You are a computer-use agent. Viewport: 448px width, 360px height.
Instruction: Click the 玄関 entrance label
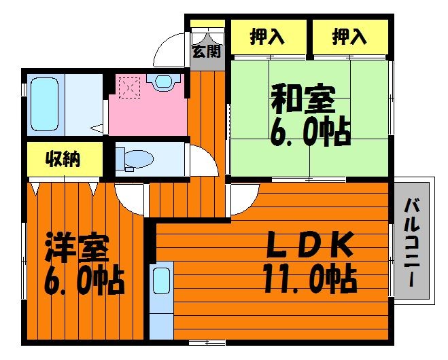click(x=206, y=52)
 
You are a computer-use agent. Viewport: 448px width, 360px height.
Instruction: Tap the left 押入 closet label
click(x=267, y=37)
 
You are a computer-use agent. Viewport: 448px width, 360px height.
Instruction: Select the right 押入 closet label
click(x=349, y=37)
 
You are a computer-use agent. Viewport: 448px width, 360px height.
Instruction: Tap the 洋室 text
click(x=77, y=248)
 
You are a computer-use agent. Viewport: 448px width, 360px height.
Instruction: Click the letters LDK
click(x=309, y=245)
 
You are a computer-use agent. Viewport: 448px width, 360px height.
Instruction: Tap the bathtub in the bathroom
click(x=45, y=104)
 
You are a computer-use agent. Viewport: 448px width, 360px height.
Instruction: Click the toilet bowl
click(x=135, y=159)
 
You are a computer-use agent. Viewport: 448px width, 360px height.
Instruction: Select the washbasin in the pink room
click(x=163, y=81)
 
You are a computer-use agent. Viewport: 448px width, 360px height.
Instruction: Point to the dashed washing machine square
click(x=129, y=88)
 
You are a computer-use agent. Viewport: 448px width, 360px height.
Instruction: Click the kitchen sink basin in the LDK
click(x=161, y=281)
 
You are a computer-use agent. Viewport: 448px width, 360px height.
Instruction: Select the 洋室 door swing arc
click(x=123, y=204)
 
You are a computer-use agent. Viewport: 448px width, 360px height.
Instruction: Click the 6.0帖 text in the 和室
click(x=310, y=133)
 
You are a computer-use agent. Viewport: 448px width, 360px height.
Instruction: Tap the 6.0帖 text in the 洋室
click(x=84, y=281)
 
